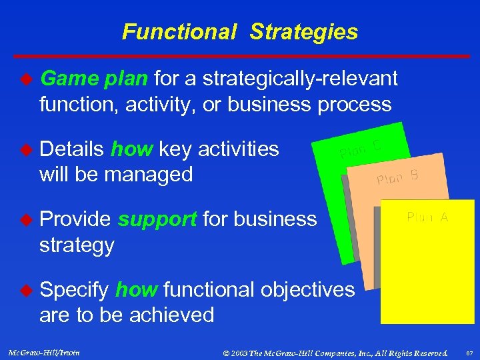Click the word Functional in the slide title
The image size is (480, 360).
point(179,32)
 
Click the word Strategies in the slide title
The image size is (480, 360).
point(304,32)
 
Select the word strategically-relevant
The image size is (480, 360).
point(300,79)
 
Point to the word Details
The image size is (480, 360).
point(73,149)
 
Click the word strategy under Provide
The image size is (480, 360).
point(77,245)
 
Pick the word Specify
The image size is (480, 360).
point(75,290)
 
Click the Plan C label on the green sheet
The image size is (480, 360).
point(360,148)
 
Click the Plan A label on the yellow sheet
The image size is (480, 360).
point(427,217)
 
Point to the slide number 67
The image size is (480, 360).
point(469,353)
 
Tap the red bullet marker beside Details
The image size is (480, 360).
point(27,149)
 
